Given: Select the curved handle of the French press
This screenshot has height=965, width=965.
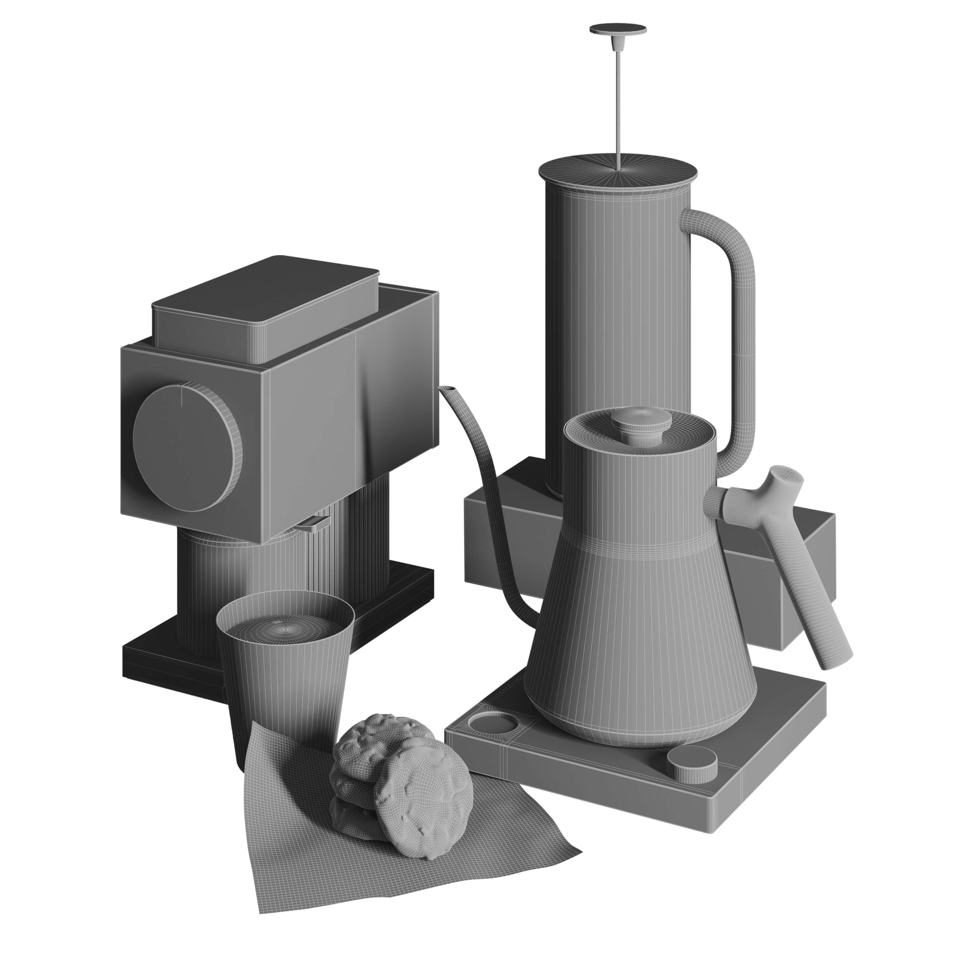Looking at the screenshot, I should coord(743,320).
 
